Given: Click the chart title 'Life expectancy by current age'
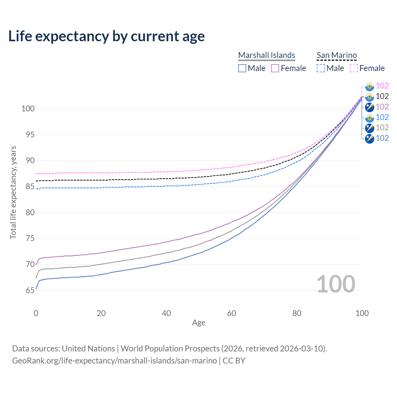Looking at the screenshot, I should (106, 36).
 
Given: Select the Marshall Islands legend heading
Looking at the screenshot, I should (266, 55).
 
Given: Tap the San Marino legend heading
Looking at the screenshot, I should (337, 55).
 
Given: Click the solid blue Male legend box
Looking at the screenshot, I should (242, 68).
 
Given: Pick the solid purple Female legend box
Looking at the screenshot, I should (275, 68).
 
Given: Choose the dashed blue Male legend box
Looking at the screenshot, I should (321, 68).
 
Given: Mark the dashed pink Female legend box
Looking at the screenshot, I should (354, 68).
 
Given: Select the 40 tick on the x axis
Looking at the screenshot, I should (167, 313).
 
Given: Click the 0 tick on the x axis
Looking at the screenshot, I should (36, 313).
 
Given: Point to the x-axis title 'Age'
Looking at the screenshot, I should (198, 323).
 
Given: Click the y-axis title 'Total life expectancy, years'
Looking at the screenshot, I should (13, 192).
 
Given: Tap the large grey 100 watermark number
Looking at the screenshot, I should (336, 284).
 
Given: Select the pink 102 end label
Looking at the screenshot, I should (382, 86).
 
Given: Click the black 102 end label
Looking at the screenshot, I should (382, 96).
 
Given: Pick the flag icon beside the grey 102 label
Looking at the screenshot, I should (369, 128).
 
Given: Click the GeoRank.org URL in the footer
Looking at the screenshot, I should (114, 361).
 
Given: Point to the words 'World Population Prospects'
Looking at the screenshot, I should (170, 349).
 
